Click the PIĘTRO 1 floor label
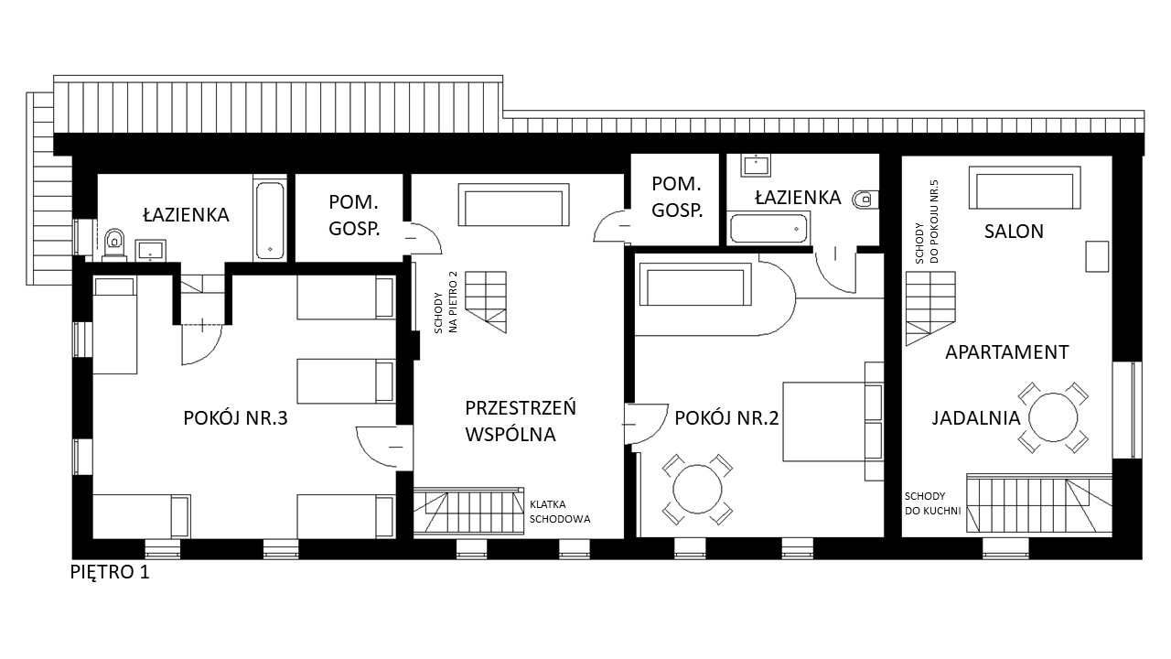110,572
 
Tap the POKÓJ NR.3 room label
235,418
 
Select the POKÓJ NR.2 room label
726,418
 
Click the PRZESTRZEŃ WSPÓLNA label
521,421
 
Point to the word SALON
1014,232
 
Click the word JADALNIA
976,418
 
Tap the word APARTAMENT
1007,352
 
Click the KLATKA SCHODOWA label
560,512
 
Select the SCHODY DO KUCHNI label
932,503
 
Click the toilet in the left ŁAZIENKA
114,243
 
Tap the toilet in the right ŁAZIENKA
865,199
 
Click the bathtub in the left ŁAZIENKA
270,220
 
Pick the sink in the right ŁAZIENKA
756,165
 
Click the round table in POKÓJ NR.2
697,490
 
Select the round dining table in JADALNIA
1053,418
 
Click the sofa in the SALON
1025,188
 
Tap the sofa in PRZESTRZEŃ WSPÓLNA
514,204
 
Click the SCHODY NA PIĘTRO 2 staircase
486,302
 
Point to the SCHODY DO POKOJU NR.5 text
928,221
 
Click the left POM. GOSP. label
353,215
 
